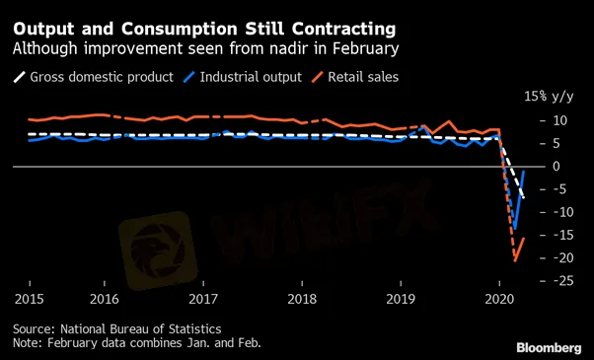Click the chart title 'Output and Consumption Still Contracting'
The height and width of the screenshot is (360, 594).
point(204,30)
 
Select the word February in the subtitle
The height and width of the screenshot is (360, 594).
point(365,49)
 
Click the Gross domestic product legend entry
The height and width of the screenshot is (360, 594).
point(94,77)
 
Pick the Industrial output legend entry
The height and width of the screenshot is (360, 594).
point(243,77)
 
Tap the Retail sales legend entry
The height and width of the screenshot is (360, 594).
point(355,77)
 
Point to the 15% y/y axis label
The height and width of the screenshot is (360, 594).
point(549,97)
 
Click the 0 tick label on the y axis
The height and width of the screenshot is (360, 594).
point(557,166)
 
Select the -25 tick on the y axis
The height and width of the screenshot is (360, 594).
point(559,281)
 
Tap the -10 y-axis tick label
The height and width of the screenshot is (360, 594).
point(559,212)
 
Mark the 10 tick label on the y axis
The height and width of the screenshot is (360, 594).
point(559,120)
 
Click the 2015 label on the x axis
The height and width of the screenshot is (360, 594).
point(30,299)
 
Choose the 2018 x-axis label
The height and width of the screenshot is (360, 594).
point(302,299)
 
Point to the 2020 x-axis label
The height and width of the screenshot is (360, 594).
point(499,299)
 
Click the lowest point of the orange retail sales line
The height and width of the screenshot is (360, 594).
point(515,260)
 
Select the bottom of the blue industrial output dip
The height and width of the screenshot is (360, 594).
point(515,229)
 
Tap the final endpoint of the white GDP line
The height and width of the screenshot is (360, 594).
point(524,197)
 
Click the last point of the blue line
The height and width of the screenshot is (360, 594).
point(524,172)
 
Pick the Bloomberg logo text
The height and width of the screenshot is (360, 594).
point(549,348)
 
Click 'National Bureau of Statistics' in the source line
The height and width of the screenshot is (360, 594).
point(140,328)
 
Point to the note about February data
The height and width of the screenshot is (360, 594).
point(137,343)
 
